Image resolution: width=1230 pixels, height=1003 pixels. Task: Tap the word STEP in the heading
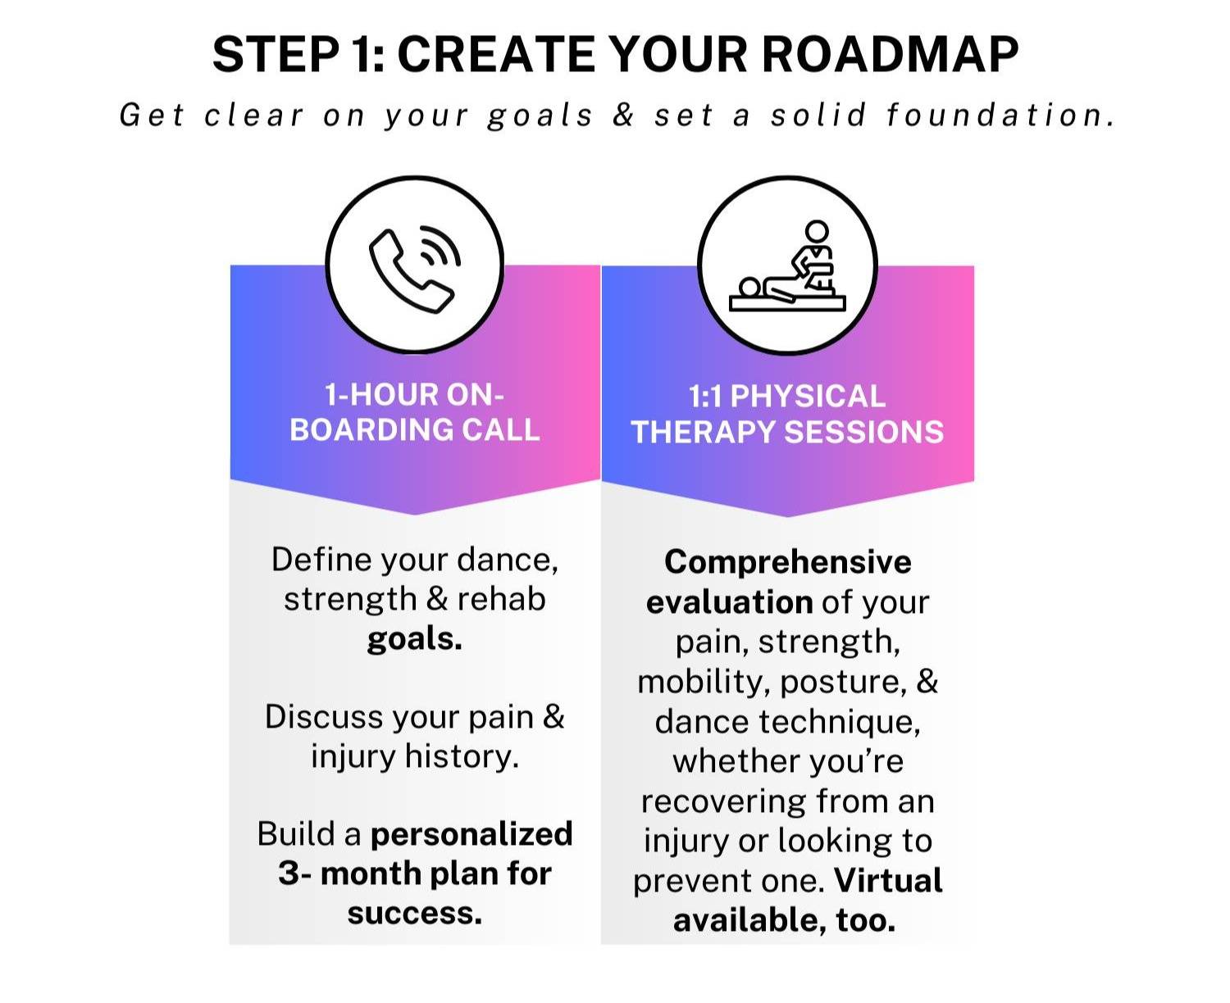[x=276, y=54]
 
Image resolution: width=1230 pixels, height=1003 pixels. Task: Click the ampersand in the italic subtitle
[x=623, y=114]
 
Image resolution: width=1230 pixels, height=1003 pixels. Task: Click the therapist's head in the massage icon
[x=817, y=230]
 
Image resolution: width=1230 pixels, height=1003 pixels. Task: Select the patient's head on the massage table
[x=749, y=288]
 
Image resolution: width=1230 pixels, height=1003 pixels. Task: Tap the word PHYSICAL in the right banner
[x=808, y=397]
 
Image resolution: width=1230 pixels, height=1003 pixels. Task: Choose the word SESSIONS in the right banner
[x=863, y=433]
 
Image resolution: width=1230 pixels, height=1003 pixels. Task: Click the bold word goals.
[x=415, y=639]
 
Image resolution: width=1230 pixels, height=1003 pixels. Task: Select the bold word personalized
[x=471, y=834]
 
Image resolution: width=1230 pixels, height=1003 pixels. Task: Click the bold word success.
[x=415, y=913]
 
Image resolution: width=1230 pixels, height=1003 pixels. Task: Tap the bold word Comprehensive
[x=787, y=562]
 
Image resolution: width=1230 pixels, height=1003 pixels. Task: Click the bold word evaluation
[x=730, y=602]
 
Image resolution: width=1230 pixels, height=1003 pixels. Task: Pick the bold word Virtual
[x=888, y=881]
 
